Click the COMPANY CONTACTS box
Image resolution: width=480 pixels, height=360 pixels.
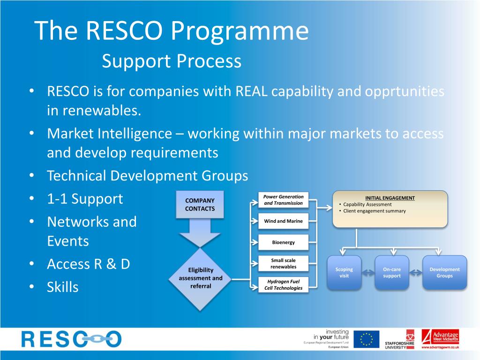coord(200,204)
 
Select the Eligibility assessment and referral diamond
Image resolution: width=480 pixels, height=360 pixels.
coord(201,278)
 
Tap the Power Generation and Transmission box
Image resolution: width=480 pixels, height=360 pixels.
coord(284,200)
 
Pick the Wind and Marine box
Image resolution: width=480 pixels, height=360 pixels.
coord(284,221)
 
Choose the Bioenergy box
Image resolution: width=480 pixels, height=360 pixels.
coord(284,242)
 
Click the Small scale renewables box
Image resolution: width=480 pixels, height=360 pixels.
coord(284,263)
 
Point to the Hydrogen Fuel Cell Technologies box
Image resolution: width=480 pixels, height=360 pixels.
coord(284,285)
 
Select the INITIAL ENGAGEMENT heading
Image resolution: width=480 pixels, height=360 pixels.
coord(390,198)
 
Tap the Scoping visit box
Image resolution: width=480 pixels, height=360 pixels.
coord(344,272)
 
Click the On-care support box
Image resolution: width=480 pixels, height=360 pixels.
coord(392,272)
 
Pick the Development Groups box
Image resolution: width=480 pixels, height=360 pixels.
coord(444,272)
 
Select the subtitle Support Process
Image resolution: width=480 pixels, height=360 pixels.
coord(172,61)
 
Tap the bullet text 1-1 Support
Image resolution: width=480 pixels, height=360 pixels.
coord(85,199)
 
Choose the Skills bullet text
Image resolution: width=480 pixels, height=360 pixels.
coord(62,287)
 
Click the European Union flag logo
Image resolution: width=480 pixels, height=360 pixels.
coord(366,339)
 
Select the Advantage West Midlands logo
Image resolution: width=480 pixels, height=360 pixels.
coord(440,339)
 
